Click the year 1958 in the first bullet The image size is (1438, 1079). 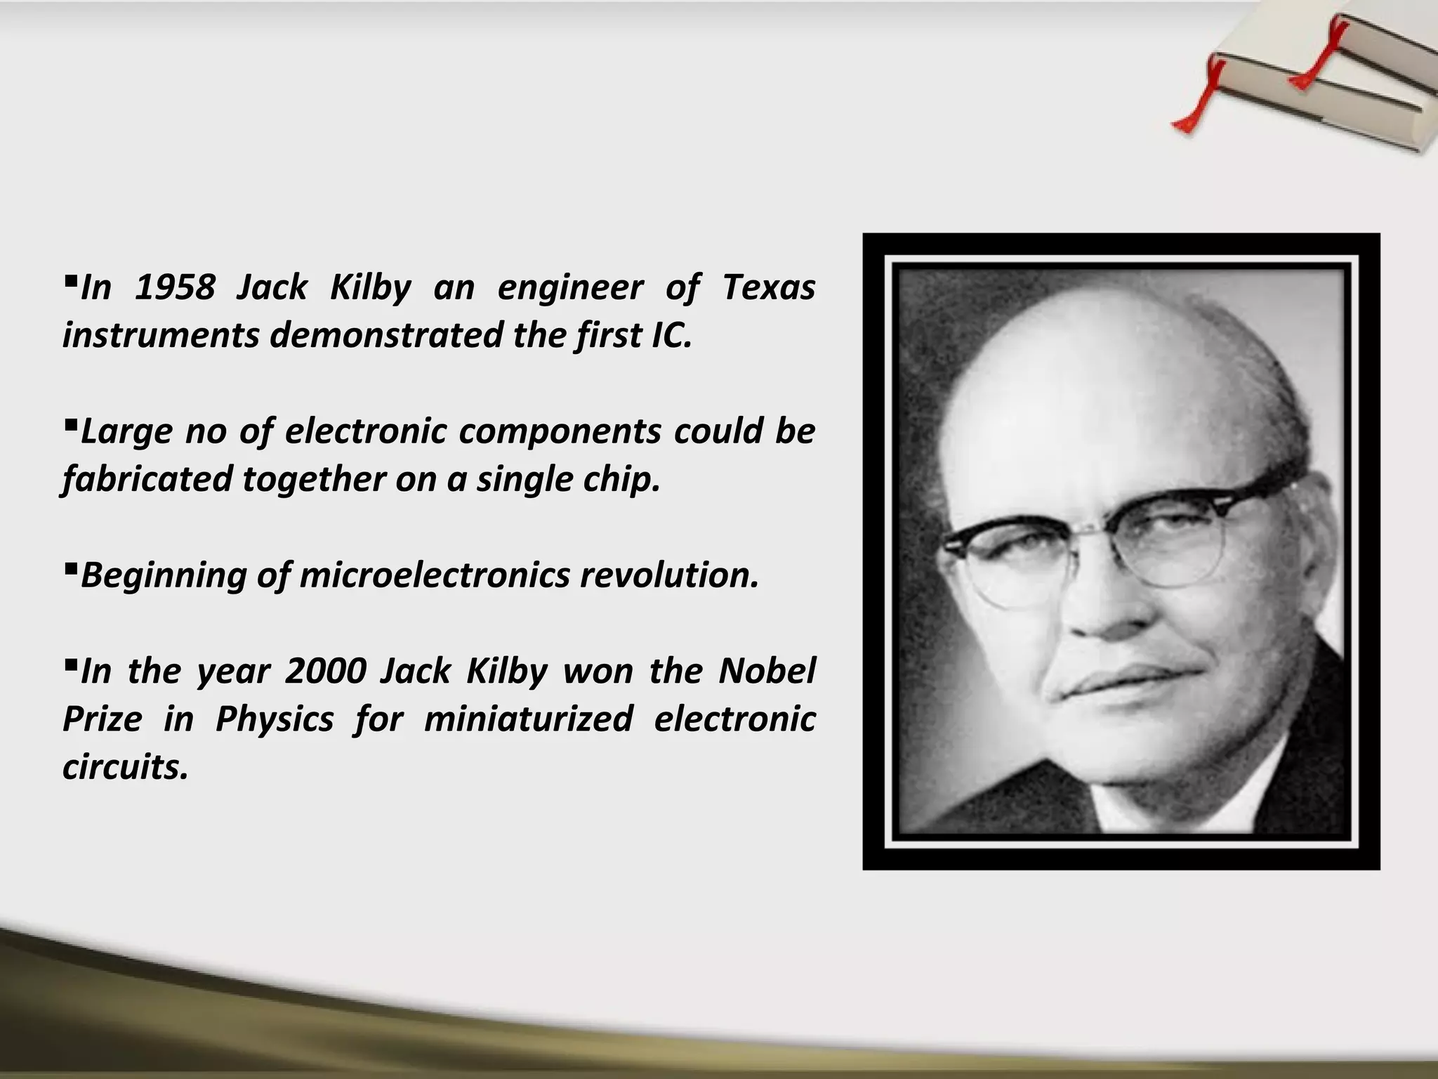[x=175, y=288]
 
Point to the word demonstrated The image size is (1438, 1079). [x=385, y=336]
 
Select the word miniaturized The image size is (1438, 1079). [x=528, y=719]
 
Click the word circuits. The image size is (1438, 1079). [x=126, y=767]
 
